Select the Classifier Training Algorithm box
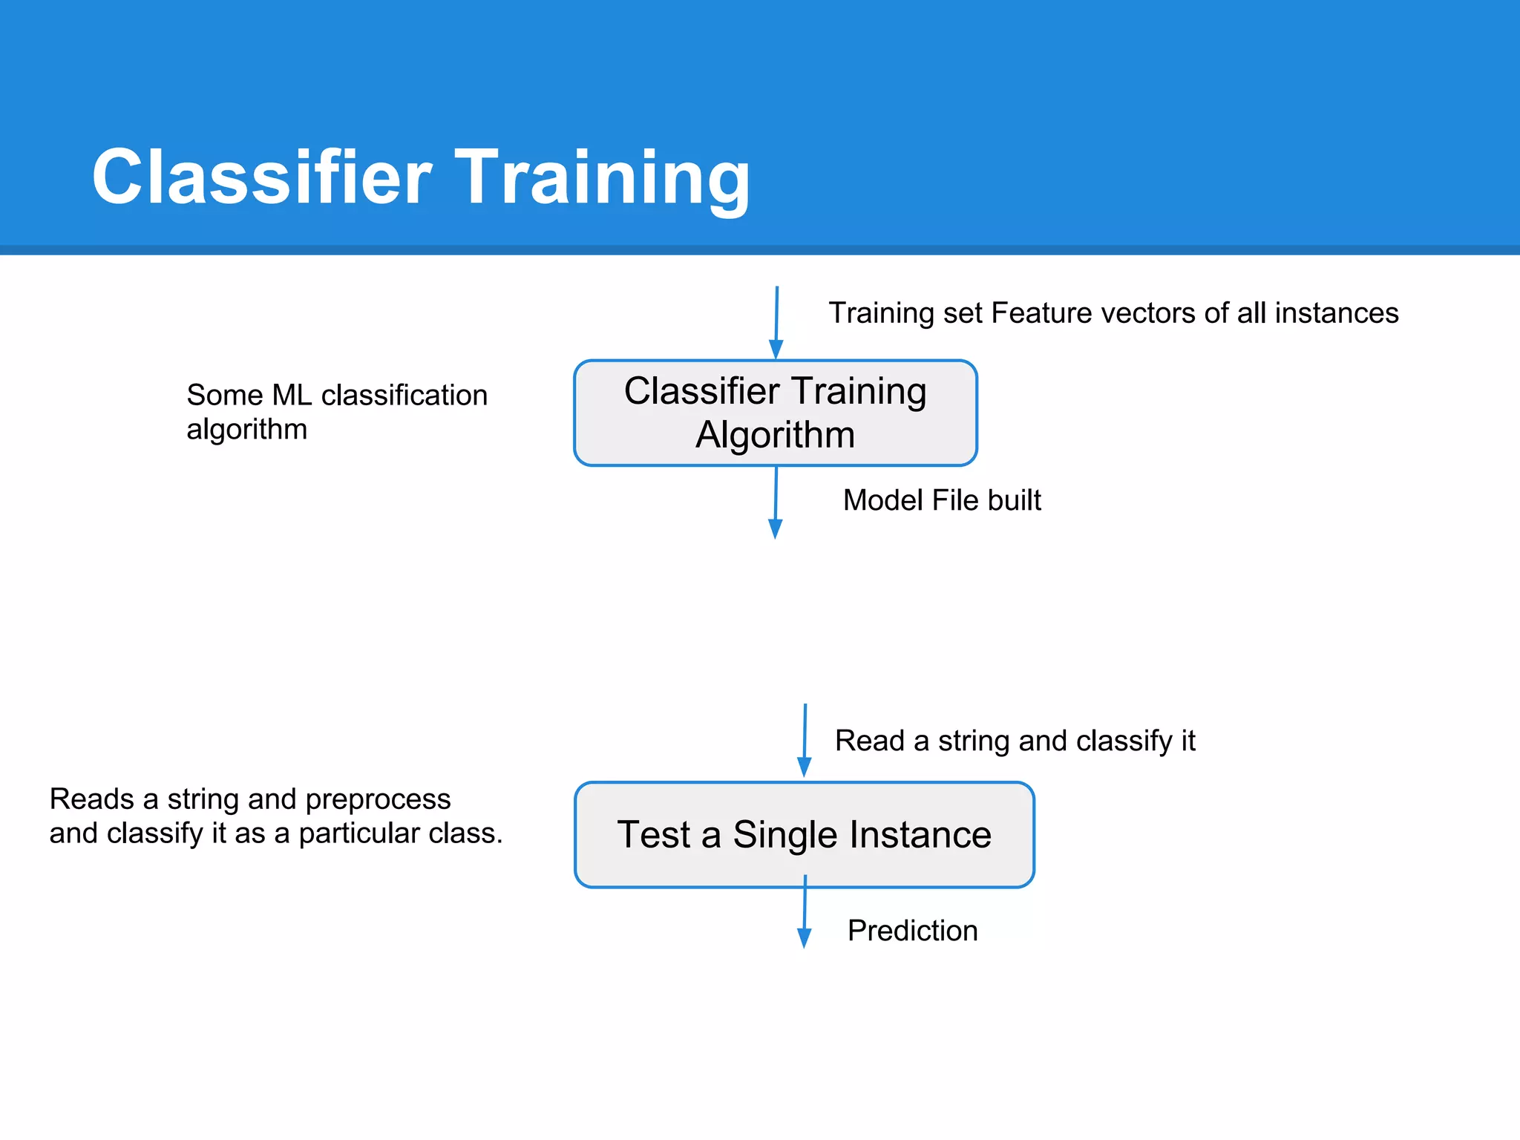coord(775,413)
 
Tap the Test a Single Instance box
coord(804,834)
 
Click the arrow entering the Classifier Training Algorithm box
coord(776,324)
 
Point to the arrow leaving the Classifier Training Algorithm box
coord(776,502)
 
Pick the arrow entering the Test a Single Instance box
coord(805,740)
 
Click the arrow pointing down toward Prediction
coord(805,913)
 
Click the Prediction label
coord(912,931)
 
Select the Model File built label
coord(942,500)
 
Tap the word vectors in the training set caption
coord(1148,313)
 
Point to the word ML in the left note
coord(292,395)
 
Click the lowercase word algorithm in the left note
coord(246,430)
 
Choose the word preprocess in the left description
coord(378,799)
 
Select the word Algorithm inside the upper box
coord(775,435)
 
